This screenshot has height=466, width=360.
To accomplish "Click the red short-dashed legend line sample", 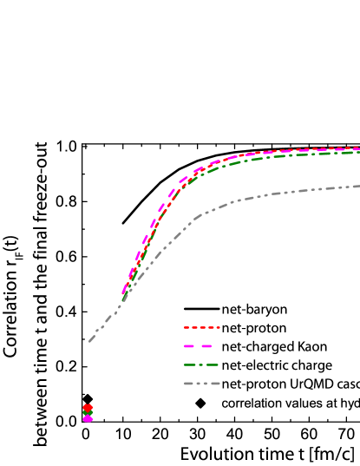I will [x=201, y=328].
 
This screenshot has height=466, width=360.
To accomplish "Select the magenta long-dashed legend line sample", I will [x=201, y=346].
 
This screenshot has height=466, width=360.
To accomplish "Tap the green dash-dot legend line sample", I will [x=201, y=364].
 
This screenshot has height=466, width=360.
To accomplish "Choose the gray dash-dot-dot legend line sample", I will [x=201, y=383].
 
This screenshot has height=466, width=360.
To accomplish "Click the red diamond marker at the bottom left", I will [x=88, y=407].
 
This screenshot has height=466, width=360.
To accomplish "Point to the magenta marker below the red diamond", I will [x=88, y=419].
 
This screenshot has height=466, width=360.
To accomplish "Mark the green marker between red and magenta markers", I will [x=88, y=413].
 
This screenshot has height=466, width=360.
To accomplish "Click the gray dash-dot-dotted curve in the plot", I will [x=260, y=196].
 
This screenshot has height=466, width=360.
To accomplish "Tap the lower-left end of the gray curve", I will [x=89, y=341].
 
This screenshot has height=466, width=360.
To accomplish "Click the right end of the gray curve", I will [x=358, y=186].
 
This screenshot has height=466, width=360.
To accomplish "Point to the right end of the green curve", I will [x=358, y=153].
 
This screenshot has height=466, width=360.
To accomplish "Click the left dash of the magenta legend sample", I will [x=190, y=346].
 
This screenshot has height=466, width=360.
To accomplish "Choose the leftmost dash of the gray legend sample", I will [x=188, y=383].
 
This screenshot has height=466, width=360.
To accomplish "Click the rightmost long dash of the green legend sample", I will [x=212, y=364].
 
